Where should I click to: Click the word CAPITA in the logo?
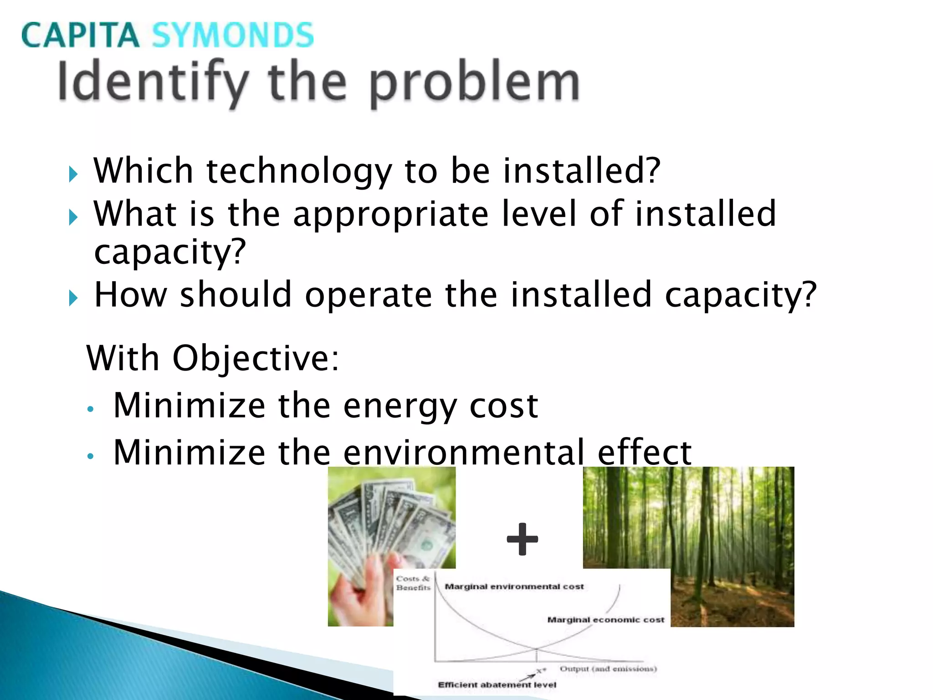[80, 35]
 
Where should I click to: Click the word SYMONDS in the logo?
[232, 35]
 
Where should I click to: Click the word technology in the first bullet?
[299, 171]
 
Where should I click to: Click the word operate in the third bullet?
[368, 295]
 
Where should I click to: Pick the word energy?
[400, 406]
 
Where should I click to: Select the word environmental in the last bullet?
[463, 453]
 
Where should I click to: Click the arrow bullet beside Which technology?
[73, 174]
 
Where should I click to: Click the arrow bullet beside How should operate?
[73, 299]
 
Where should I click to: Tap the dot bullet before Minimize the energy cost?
[91, 409]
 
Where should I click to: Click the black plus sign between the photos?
[522, 539]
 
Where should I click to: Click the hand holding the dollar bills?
[364, 588]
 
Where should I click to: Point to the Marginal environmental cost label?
[514, 587]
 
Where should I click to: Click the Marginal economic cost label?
[605, 620]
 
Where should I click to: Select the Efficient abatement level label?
[497, 685]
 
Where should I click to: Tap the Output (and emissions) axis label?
[608, 669]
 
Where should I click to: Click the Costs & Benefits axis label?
[413, 583]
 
